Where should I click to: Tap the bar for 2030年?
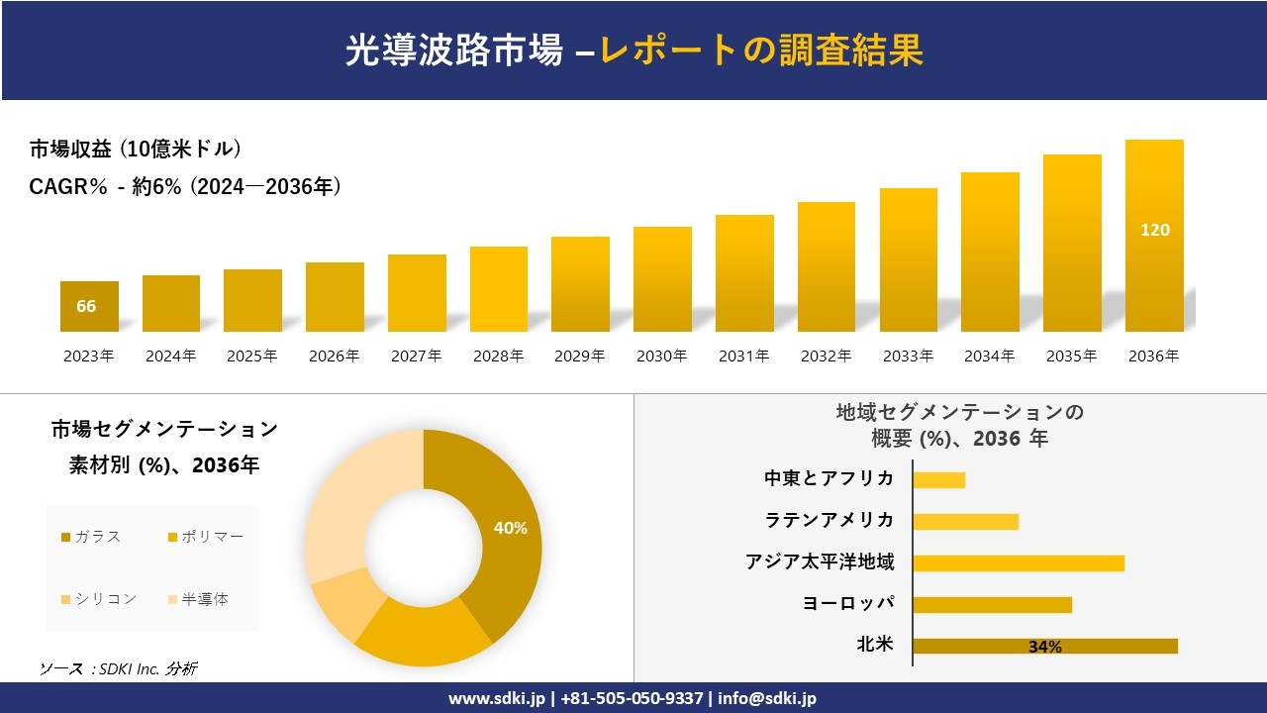click(x=662, y=279)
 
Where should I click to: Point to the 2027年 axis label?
click(x=416, y=356)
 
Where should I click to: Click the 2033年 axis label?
click(x=908, y=356)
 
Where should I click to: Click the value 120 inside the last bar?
click(x=1154, y=230)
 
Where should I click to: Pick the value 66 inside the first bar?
click(x=86, y=306)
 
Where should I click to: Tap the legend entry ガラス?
click(x=91, y=537)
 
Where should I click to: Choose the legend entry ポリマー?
click(x=205, y=537)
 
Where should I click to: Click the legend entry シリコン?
click(x=99, y=599)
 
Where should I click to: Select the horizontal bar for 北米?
click(x=1044, y=646)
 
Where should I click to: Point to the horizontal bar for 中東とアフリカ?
click(x=938, y=479)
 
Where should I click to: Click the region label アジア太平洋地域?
click(x=820, y=562)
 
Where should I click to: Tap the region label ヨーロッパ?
click(x=848, y=604)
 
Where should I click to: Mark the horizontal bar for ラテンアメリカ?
click(x=965, y=521)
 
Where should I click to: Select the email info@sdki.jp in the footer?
click(x=767, y=698)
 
